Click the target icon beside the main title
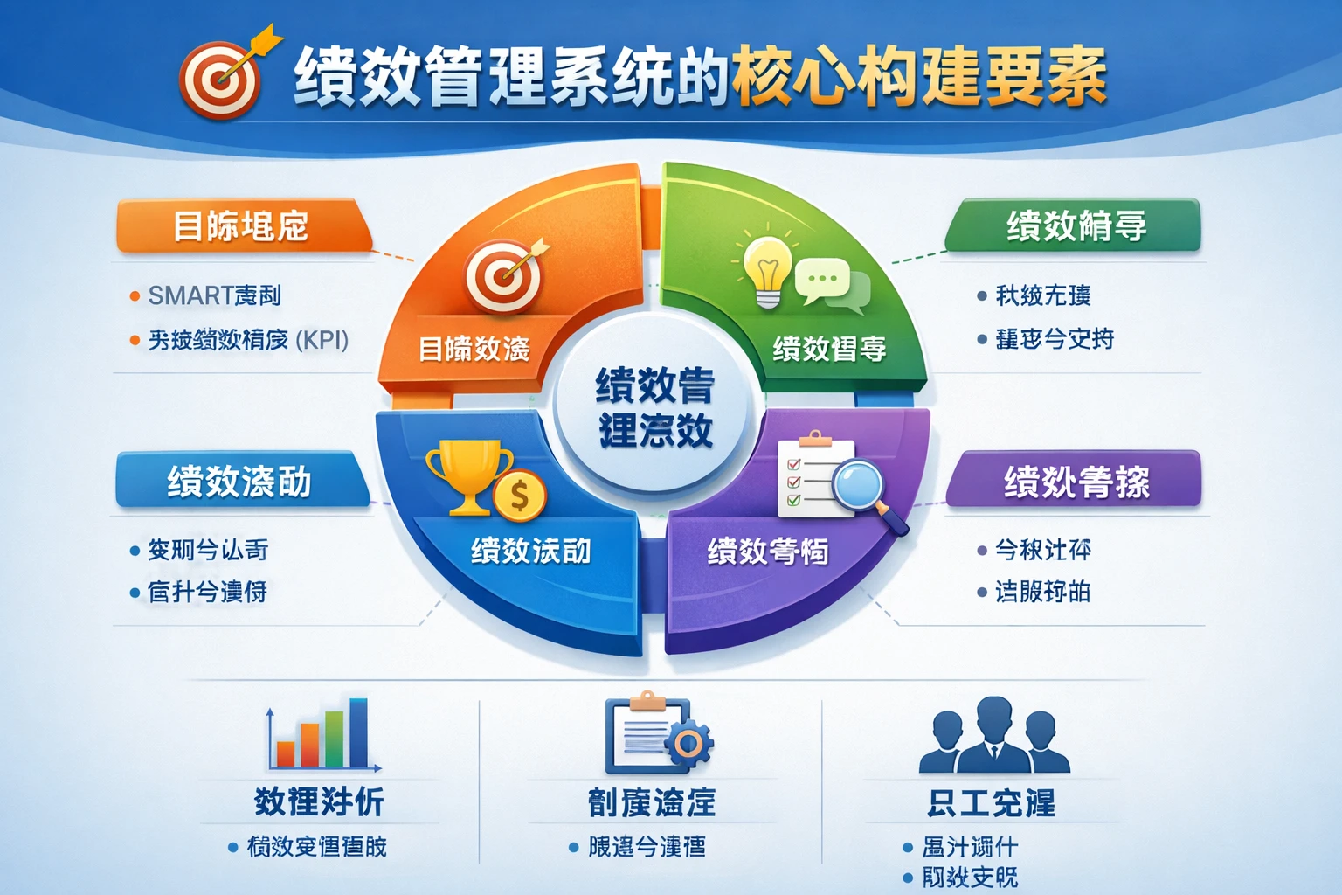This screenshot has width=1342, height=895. (220, 80)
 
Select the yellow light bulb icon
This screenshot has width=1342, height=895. (767, 268)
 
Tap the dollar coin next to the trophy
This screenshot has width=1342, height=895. (519, 496)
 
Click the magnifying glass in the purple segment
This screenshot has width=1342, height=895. (861, 486)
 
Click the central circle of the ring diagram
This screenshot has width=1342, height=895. (654, 407)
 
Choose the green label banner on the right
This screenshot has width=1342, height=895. (1076, 225)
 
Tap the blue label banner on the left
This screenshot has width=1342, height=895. (239, 481)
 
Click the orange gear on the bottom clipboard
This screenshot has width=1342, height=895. (688, 744)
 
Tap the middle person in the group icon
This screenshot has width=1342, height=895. (994, 733)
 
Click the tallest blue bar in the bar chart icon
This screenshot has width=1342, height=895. (358, 732)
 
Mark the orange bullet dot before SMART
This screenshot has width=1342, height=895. (135, 296)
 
